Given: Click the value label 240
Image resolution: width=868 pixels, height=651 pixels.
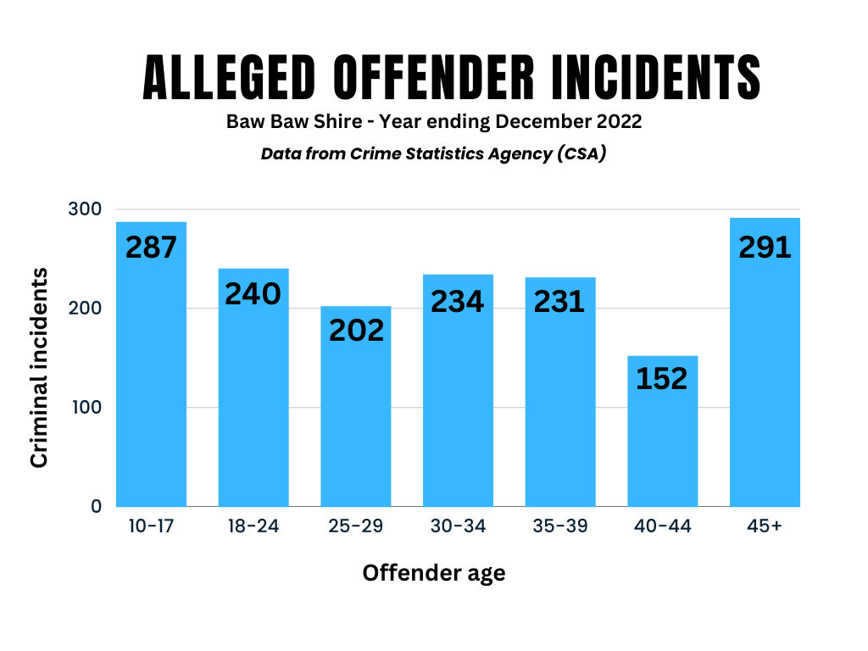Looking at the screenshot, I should click(x=253, y=293).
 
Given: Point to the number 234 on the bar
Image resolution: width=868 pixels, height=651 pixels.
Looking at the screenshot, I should click(x=458, y=301).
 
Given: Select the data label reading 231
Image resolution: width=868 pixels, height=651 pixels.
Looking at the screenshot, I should click(x=559, y=302).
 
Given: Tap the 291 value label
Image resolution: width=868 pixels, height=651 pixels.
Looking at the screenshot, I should click(x=765, y=247).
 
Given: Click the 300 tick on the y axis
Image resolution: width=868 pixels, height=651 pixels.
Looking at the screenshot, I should click(x=85, y=209).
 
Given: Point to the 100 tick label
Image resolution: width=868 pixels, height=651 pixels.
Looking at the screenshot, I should click(x=85, y=407).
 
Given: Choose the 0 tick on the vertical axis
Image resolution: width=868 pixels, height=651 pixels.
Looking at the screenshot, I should click(x=96, y=506).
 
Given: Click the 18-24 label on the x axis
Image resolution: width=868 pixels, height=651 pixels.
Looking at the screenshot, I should click(x=253, y=526).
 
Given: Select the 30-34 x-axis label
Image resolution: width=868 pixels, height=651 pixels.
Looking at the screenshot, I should click(x=458, y=526).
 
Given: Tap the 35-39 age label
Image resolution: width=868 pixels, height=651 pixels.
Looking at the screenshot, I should click(x=559, y=526).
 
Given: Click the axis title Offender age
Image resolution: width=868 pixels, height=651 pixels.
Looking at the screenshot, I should click(x=434, y=573).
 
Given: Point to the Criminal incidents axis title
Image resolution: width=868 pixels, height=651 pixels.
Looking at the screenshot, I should click(x=39, y=366).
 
